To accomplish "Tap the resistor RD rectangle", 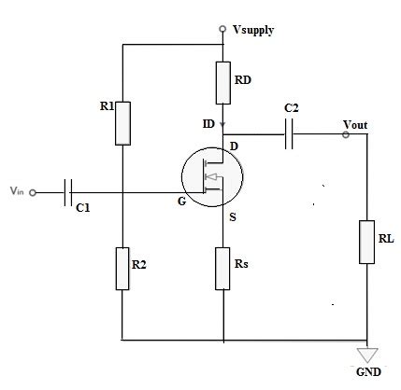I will pyautogui.click(x=222, y=83).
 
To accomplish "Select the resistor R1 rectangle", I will pyautogui.click(x=122, y=123).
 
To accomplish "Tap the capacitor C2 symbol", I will pyautogui.click(x=290, y=136).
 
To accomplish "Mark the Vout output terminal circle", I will pyautogui.click(x=346, y=135).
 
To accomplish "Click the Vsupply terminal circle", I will pyautogui.click(x=222, y=30).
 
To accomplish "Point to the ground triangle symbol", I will pyautogui.click(x=367, y=355).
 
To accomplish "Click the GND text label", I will pyautogui.click(x=369, y=373).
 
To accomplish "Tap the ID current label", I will pyautogui.click(x=208, y=122).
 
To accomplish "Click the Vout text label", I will pyautogui.click(x=356, y=122).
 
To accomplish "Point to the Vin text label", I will pyautogui.click(x=16, y=191).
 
